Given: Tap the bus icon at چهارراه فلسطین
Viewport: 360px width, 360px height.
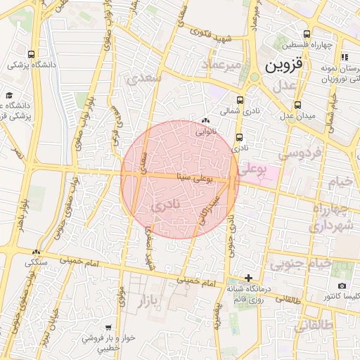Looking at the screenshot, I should (306, 34).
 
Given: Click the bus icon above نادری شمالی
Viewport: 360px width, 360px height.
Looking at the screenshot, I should (240, 100).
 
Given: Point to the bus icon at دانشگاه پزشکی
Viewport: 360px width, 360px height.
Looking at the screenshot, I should (32, 54).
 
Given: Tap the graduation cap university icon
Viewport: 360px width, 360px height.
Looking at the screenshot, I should (9, 95).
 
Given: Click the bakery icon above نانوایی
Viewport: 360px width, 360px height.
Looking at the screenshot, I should (205, 121).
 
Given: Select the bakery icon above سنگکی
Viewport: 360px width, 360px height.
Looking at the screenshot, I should (36, 252).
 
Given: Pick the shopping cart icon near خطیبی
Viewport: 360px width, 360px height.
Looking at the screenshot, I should (108, 328).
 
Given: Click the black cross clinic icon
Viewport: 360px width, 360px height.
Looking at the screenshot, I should (248, 278).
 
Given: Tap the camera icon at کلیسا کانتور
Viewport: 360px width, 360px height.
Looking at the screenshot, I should (342, 285).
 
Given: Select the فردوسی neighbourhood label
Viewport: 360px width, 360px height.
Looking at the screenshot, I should (300, 153).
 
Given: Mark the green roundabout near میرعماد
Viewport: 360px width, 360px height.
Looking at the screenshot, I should (254, 76).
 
